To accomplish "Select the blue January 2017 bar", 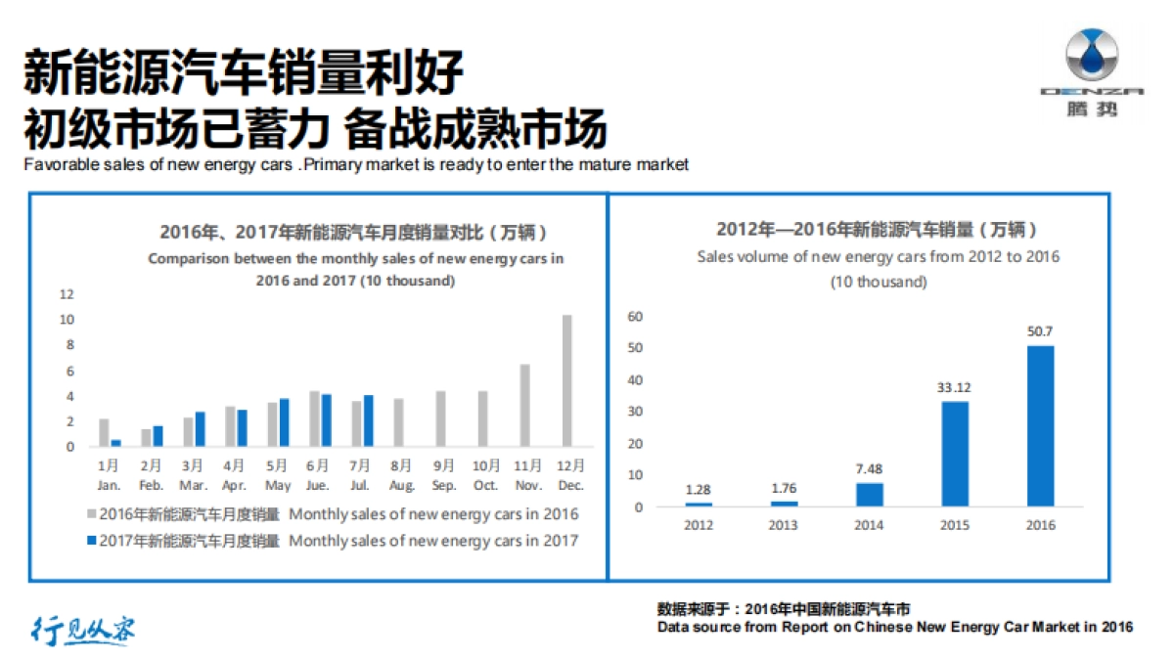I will coord(115,443).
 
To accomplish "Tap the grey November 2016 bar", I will coord(524,406).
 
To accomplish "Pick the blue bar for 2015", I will coord(955,454).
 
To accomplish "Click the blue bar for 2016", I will coord(1040,425).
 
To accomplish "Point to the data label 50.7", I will coord(1040,331).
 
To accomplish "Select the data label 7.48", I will coord(870,468).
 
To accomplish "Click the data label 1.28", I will coord(700,488).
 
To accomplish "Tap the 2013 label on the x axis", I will coord(785,525).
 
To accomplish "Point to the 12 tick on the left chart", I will coord(67,294).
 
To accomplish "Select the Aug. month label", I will coord(401,485).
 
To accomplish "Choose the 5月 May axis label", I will coord(278,474).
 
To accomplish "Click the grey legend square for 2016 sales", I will coord(92,514).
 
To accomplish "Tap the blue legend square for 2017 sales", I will coord(92,541).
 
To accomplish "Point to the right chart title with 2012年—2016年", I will coord(877,230).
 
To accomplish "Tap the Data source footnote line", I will coord(894,627).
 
